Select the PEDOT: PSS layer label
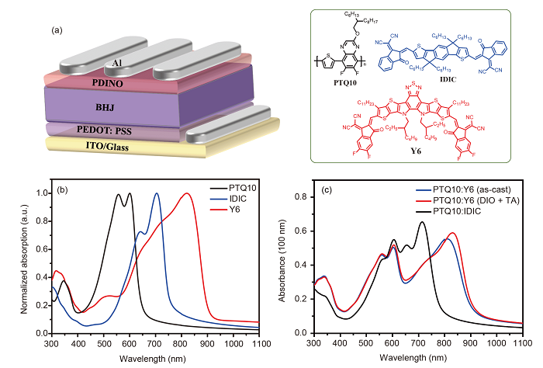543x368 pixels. (x=105, y=132)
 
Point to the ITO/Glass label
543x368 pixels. (x=105, y=145)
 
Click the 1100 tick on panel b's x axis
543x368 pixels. (x=259, y=342)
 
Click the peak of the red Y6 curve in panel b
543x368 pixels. (x=186, y=194)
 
